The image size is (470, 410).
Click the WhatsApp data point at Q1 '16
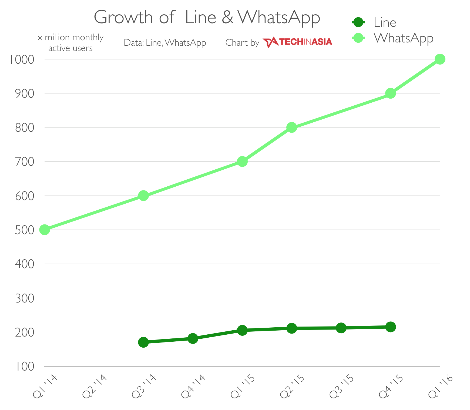click(x=440, y=59)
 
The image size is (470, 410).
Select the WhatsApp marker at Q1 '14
click(x=45, y=230)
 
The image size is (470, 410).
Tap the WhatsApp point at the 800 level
click(x=291, y=127)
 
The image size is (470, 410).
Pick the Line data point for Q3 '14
click(x=143, y=342)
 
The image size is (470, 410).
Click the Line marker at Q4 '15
click(x=390, y=327)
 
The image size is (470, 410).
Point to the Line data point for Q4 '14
click(x=193, y=338)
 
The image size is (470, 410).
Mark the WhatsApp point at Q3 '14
click(x=143, y=196)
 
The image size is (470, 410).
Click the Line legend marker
click(x=358, y=22)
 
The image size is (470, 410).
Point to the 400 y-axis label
click(x=25, y=264)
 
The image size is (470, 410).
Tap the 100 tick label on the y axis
click(x=25, y=367)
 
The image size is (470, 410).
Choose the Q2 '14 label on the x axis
click(x=95, y=386)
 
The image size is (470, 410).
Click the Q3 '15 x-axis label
click(x=342, y=386)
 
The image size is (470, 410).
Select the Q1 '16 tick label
click(x=441, y=386)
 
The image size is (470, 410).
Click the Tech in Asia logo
click(x=297, y=42)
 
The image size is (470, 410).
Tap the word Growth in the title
click(x=123, y=17)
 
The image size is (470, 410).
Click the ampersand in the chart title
click(x=227, y=17)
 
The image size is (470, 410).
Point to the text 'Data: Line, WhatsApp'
click(x=165, y=43)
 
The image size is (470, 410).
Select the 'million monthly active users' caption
click(x=70, y=43)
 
